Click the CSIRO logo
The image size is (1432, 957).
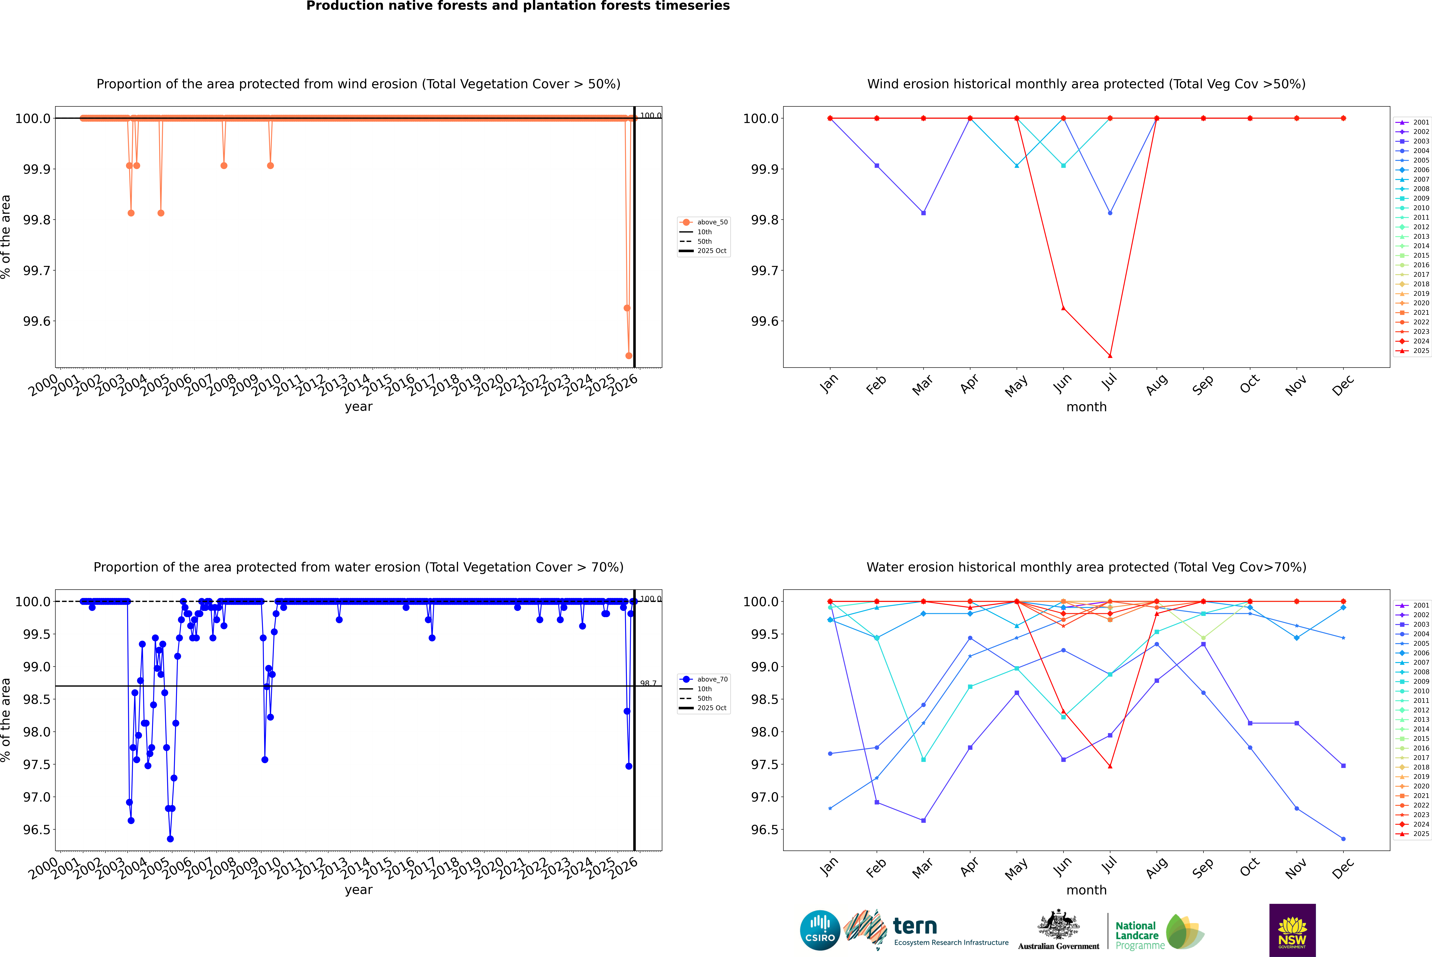(x=820, y=930)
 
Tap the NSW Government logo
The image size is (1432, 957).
(x=1292, y=930)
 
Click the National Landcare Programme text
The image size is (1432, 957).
(x=1137, y=935)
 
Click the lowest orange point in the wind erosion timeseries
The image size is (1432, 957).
(x=629, y=356)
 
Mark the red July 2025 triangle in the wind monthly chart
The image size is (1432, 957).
(x=1110, y=356)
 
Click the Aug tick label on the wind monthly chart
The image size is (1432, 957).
(x=1157, y=384)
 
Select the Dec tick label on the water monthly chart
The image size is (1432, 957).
(x=1343, y=868)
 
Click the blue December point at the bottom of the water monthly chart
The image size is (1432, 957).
(x=1343, y=839)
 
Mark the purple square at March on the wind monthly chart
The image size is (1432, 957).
(x=923, y=213)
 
